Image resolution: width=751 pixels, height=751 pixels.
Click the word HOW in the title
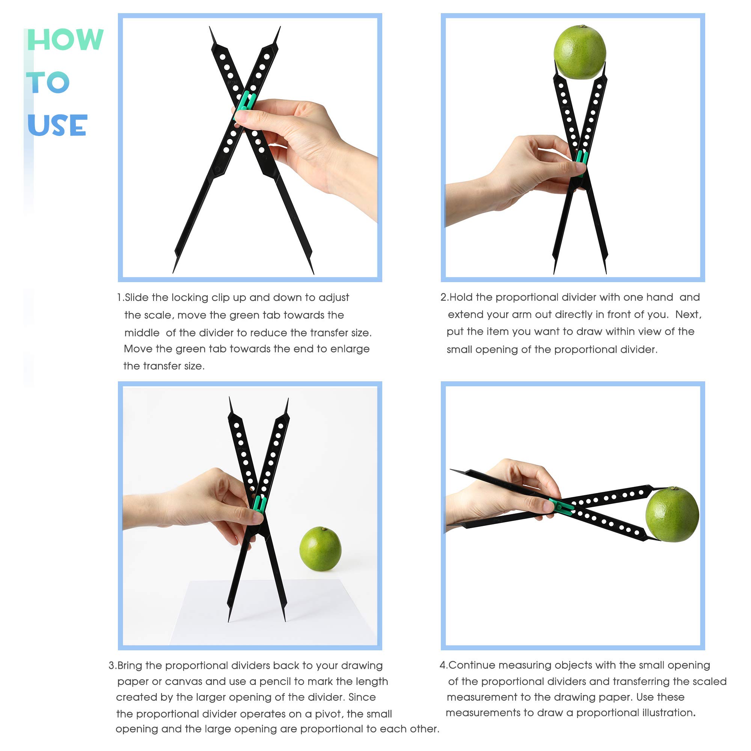coord(65,40)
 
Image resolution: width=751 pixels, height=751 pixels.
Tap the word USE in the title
coord(57,125)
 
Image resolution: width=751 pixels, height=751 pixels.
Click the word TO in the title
coord(48,82)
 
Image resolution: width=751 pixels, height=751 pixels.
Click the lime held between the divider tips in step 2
coord(579,53)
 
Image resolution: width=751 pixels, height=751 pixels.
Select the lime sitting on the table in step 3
coord(320,549)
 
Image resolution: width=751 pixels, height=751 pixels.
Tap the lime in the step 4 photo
coord(672,514)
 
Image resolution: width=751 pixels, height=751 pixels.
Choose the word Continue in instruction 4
coord(472,665)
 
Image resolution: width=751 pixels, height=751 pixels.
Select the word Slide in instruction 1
coord(137,298)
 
